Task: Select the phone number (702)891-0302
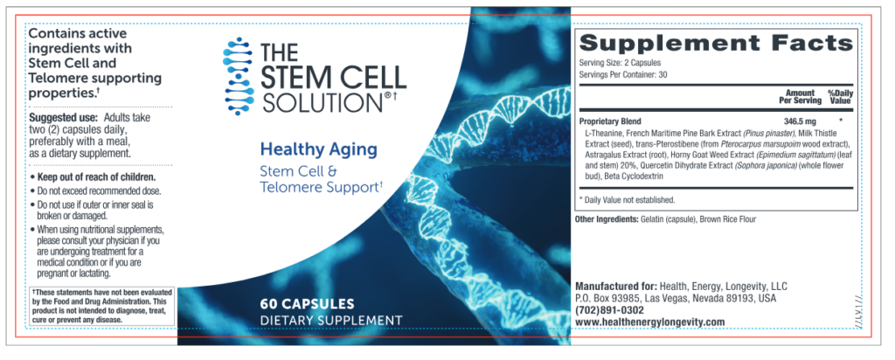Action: [611, 309]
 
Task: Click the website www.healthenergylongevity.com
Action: [650, 322]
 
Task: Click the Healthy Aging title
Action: [319, 149]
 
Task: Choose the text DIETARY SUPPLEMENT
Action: [331, 320]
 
